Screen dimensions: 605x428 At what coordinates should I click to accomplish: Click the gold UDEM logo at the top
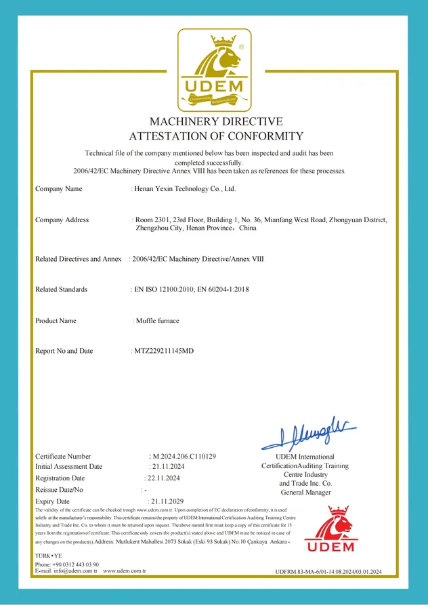(x=214, y=70)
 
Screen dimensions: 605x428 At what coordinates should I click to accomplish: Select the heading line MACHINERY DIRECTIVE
(x=215, y=122)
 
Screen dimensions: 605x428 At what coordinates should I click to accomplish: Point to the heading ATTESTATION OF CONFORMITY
(x=215, y=136)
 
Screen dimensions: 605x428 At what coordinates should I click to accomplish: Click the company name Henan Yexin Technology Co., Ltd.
(x=185, y=189)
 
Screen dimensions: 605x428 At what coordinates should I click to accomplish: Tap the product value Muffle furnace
(x=156, y=320)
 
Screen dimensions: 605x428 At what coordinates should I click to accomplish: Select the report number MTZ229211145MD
(x=164, y=351)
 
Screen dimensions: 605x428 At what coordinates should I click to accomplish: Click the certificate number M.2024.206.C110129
(x=184, y=457)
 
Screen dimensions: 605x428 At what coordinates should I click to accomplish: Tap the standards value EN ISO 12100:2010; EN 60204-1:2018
(x=190, y=289)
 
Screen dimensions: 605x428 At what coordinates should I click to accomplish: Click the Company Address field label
(x=62, y=220)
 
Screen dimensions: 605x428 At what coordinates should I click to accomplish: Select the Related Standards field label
(x=61, y=289)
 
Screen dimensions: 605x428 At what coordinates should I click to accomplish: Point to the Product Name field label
(x=56, y=320)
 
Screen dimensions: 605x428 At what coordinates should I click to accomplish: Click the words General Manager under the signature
(x=305, y=493)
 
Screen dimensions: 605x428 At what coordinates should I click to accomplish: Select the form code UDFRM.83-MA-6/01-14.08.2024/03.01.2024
(x=329, y=572)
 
